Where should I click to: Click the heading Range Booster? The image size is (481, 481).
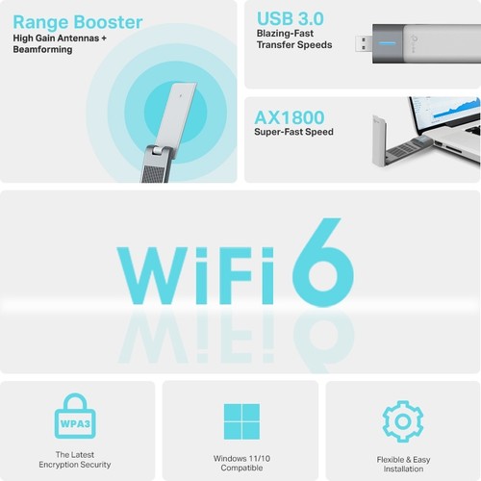click(77, 21)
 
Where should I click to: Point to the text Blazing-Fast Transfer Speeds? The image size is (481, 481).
click(294, 39)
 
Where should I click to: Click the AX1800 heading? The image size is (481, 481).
click(289, 118)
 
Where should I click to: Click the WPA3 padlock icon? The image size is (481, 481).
click(76, 421)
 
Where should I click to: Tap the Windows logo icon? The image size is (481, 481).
click(240, 421)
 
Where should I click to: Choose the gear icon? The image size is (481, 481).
click(402, 421)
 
